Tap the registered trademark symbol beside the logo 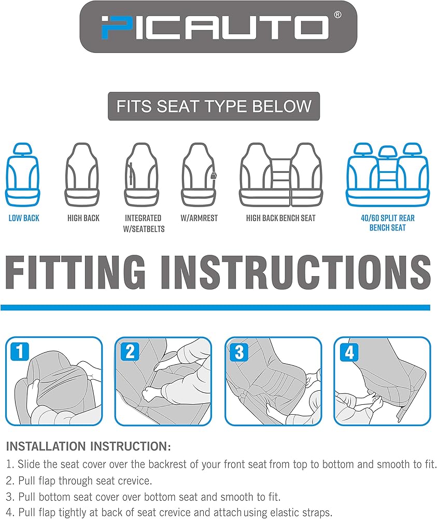(337, 15)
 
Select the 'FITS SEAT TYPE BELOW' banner (214, 106)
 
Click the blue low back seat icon (22, 174)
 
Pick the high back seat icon (82, 174)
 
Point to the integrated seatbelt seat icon (142, 174)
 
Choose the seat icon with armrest (199, 174)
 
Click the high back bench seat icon (280, 174)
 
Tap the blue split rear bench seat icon (387, 174)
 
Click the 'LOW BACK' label (24, 218)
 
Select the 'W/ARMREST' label (199, 218)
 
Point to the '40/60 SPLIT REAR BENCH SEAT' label (387, 223)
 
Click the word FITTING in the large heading (75, 272)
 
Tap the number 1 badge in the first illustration (20, 351)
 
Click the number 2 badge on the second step (130, 351)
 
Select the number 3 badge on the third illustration (239, 351)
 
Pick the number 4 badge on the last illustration (349, 351)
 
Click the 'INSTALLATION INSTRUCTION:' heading (89, 446)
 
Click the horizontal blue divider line (215, 307)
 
